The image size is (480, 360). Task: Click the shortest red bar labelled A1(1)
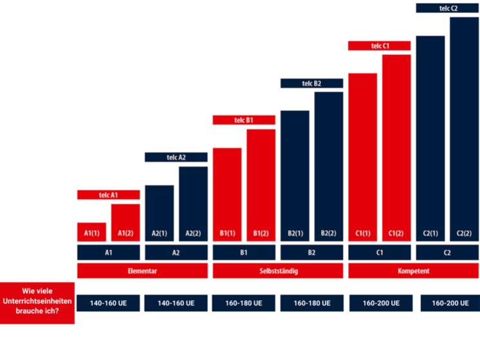tap(91, 232)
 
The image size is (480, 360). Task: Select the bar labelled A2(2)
tap(193, 204)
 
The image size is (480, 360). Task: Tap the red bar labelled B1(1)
tap(227, 194)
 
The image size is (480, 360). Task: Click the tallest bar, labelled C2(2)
tap(464, 129)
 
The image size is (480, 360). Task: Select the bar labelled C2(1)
tap(430, 138)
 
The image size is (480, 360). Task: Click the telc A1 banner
tap(108, 194)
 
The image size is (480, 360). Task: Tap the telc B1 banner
tap(244, 120)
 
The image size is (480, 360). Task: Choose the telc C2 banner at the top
tap(447, 8)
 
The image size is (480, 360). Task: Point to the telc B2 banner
tap(311, 83)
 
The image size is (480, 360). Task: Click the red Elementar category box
tap(142, 271)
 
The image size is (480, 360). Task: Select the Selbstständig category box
tap(277, 271)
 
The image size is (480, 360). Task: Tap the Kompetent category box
tap(414, 271)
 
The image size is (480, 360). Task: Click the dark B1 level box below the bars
tap(244, 252)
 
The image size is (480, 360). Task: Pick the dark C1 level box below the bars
tap(380, 252)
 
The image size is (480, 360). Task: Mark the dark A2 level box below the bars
tap(176, 252)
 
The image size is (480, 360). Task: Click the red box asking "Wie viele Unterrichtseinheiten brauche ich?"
tap(38, 302)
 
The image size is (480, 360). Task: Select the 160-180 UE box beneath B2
tap(311, 303)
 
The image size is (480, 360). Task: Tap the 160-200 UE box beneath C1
tap(380, 303)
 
